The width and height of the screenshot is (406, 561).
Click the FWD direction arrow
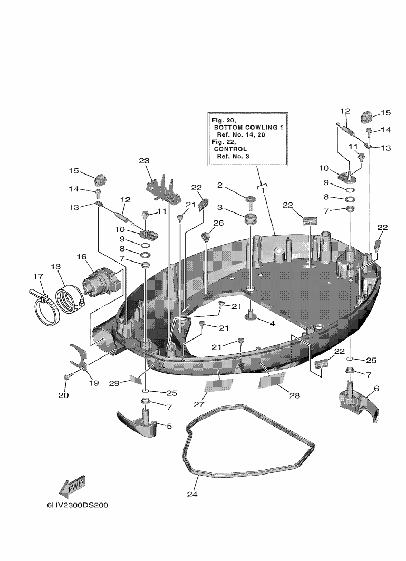tap(72, 487)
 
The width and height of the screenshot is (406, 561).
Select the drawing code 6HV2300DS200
tap(78, 505)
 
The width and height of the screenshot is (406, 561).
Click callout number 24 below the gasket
tap(192, 495)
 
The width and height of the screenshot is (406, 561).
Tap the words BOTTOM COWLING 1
tap(248, 128)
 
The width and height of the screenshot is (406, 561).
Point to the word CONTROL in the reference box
tap(230, 149)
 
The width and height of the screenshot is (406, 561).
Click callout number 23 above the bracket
tap(144, 161)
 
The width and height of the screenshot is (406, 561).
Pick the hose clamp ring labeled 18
tap(70, 299)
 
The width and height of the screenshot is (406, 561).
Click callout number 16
tap(82, 257)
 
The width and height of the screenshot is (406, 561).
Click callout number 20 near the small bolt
tap(63, 395)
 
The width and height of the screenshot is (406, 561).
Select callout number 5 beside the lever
tap(169, 426)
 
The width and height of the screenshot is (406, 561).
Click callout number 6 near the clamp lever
tap(376, 388)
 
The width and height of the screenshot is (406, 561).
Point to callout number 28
tap(295, 395)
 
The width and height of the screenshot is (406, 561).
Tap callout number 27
tap(199, 404)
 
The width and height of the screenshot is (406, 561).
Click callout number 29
tap(114, 383)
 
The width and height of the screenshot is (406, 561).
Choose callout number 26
tap(218, 223)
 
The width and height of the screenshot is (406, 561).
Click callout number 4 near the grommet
tap(272, 323)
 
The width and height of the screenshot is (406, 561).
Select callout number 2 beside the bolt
tap(220, 185)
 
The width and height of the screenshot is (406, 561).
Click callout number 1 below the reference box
tap(263, 190)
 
